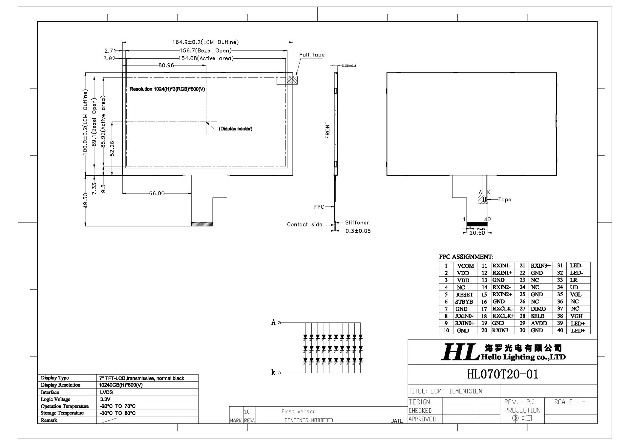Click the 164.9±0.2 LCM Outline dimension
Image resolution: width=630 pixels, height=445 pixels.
point(206,42)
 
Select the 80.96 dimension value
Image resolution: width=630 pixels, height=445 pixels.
point(166,65)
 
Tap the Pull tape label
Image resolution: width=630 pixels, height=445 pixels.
point(312,55)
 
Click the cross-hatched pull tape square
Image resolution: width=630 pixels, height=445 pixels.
point(292,80)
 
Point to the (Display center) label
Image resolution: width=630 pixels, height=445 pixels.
point(235,129)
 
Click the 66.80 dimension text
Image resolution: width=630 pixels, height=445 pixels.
point(157,193)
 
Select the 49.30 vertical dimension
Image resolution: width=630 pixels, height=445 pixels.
point(85,200)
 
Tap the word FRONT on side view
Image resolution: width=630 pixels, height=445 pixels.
point(327,130)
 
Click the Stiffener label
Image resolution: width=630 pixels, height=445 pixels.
point(357,222)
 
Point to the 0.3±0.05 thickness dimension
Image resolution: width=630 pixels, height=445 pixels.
point(358,231)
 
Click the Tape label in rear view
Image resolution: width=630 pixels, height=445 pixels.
point(504,200)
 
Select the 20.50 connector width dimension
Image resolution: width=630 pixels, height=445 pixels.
point(477,233)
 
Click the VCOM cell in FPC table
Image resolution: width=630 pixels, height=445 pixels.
point(465,266)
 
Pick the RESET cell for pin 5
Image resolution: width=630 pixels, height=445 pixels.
point(464,295)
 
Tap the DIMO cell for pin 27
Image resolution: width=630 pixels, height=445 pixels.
point(538,309)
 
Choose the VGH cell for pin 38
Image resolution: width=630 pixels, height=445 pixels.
point(576,316)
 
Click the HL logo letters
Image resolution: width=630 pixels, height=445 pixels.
point(459,352)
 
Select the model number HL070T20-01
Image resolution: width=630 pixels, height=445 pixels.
point(502,374)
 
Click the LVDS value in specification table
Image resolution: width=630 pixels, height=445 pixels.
point(106,392)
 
